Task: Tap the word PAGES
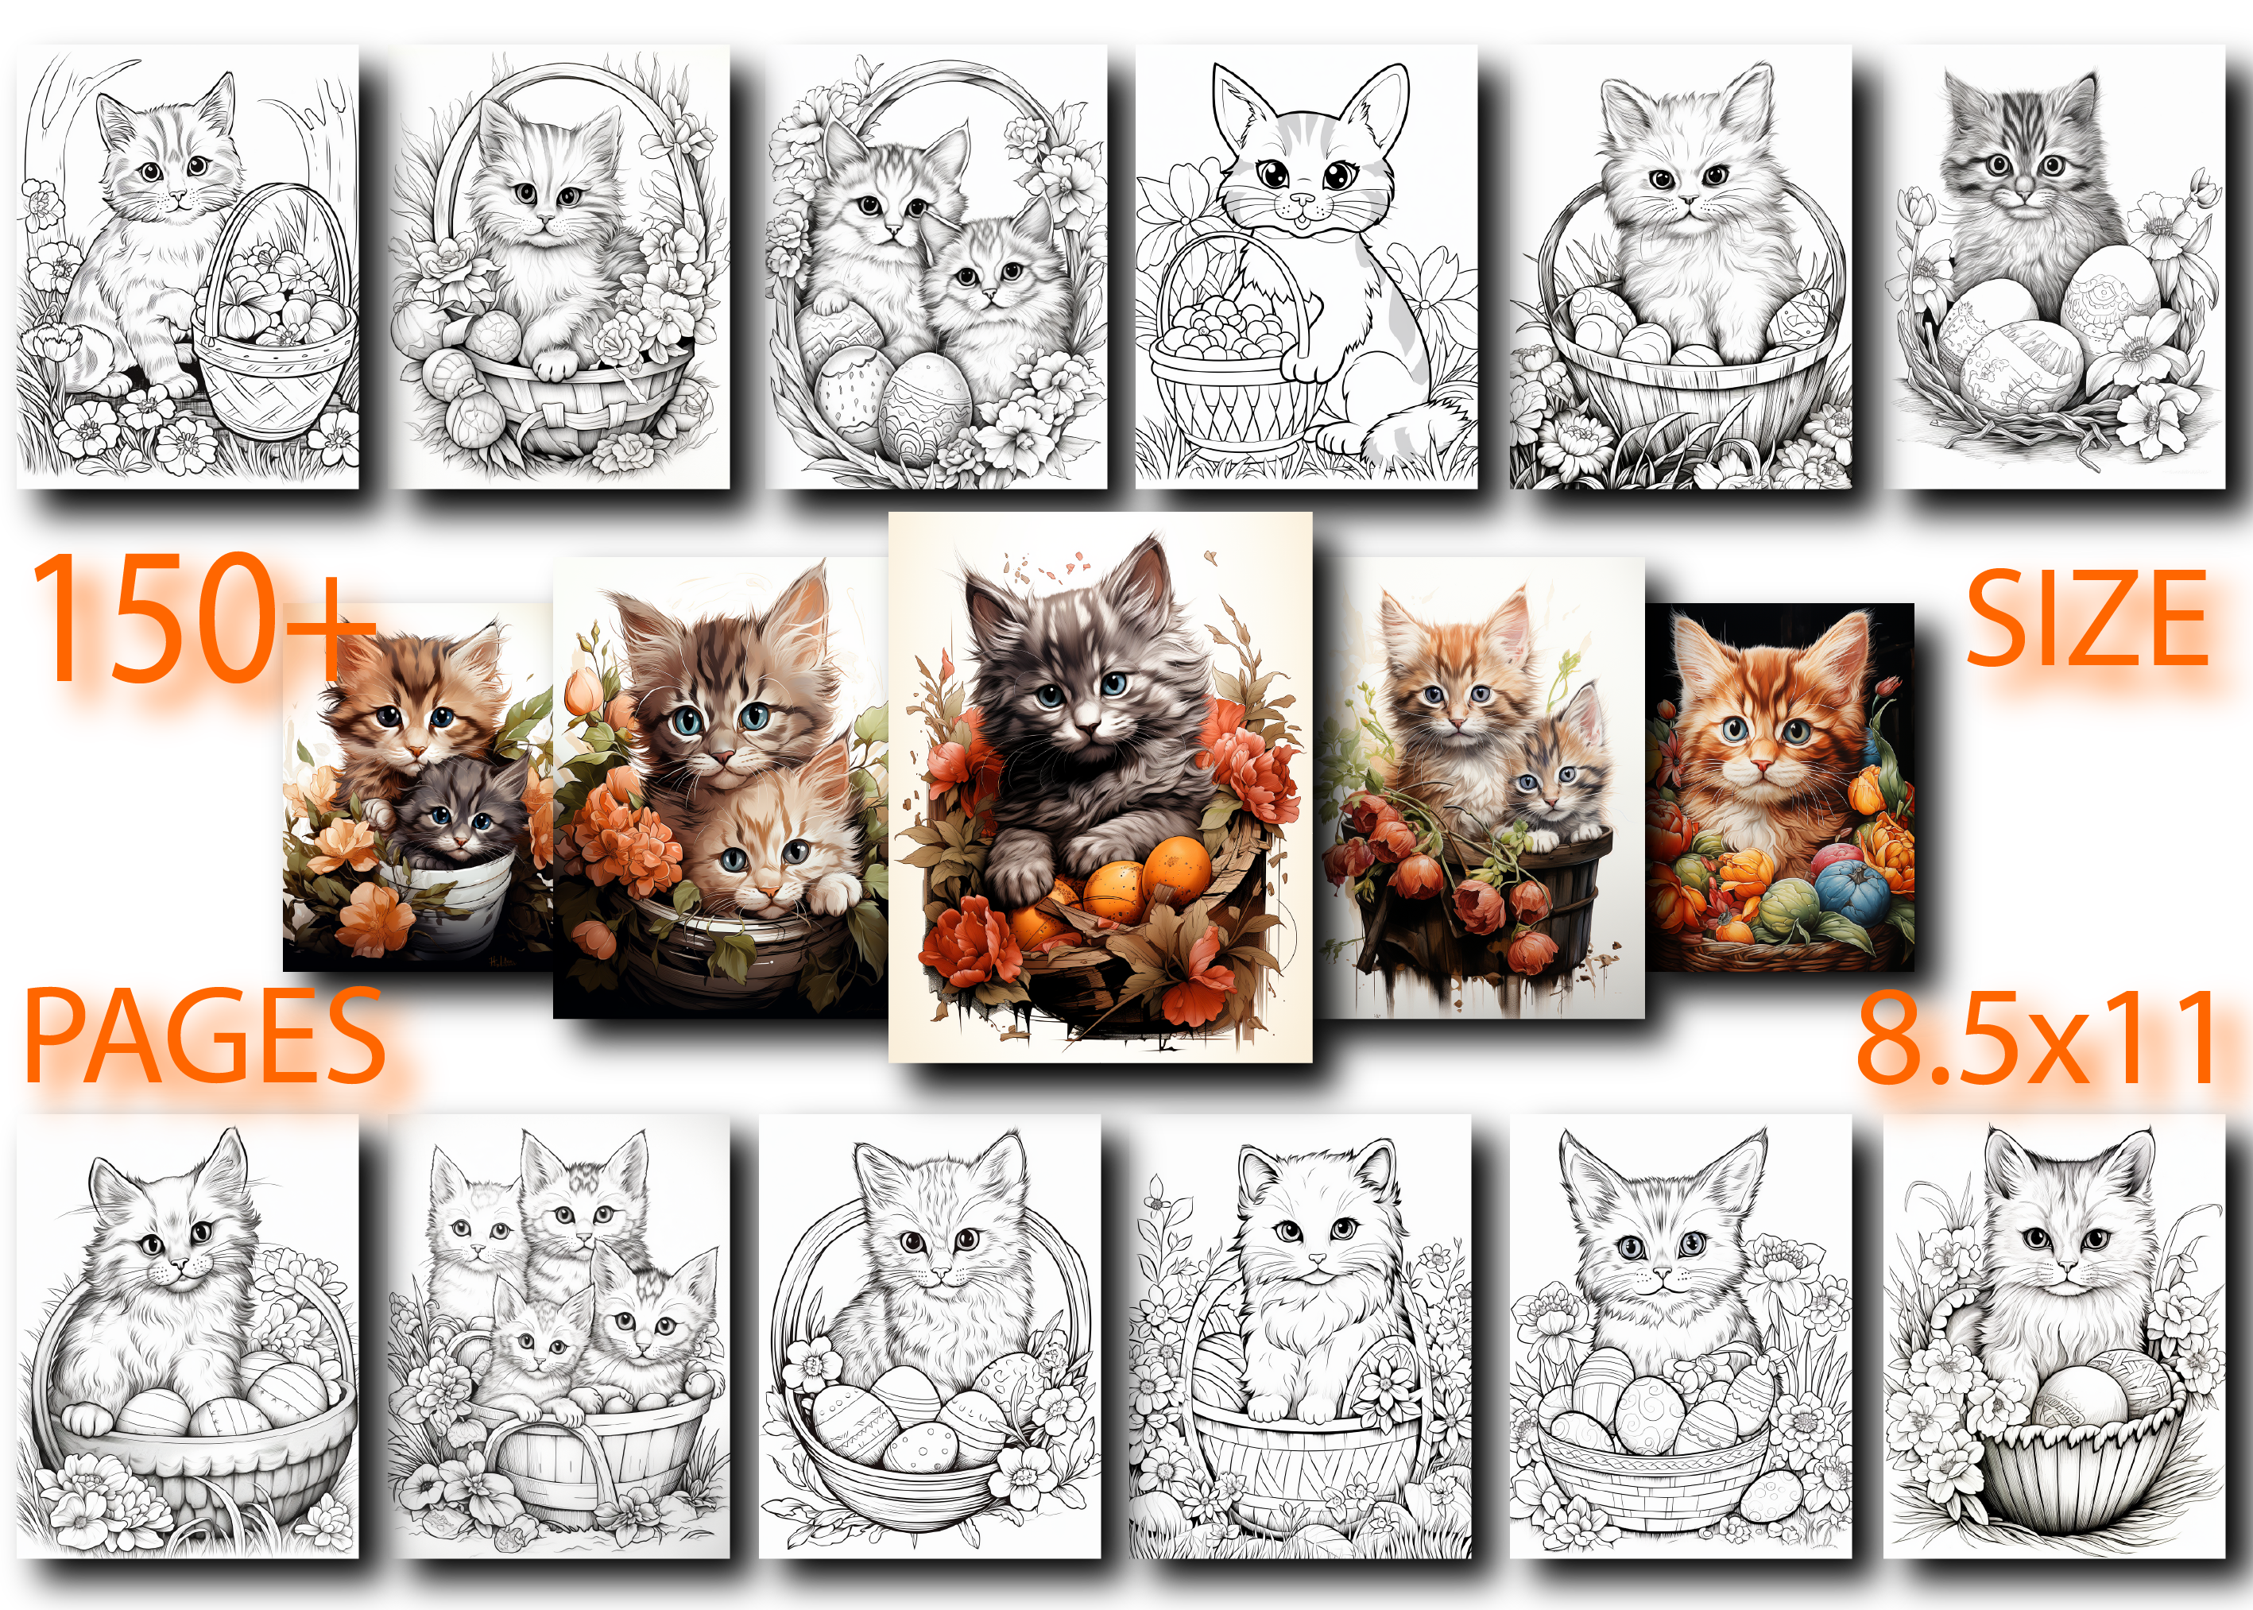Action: pos(205,1037)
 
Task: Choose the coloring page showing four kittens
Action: pos(558,1335)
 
